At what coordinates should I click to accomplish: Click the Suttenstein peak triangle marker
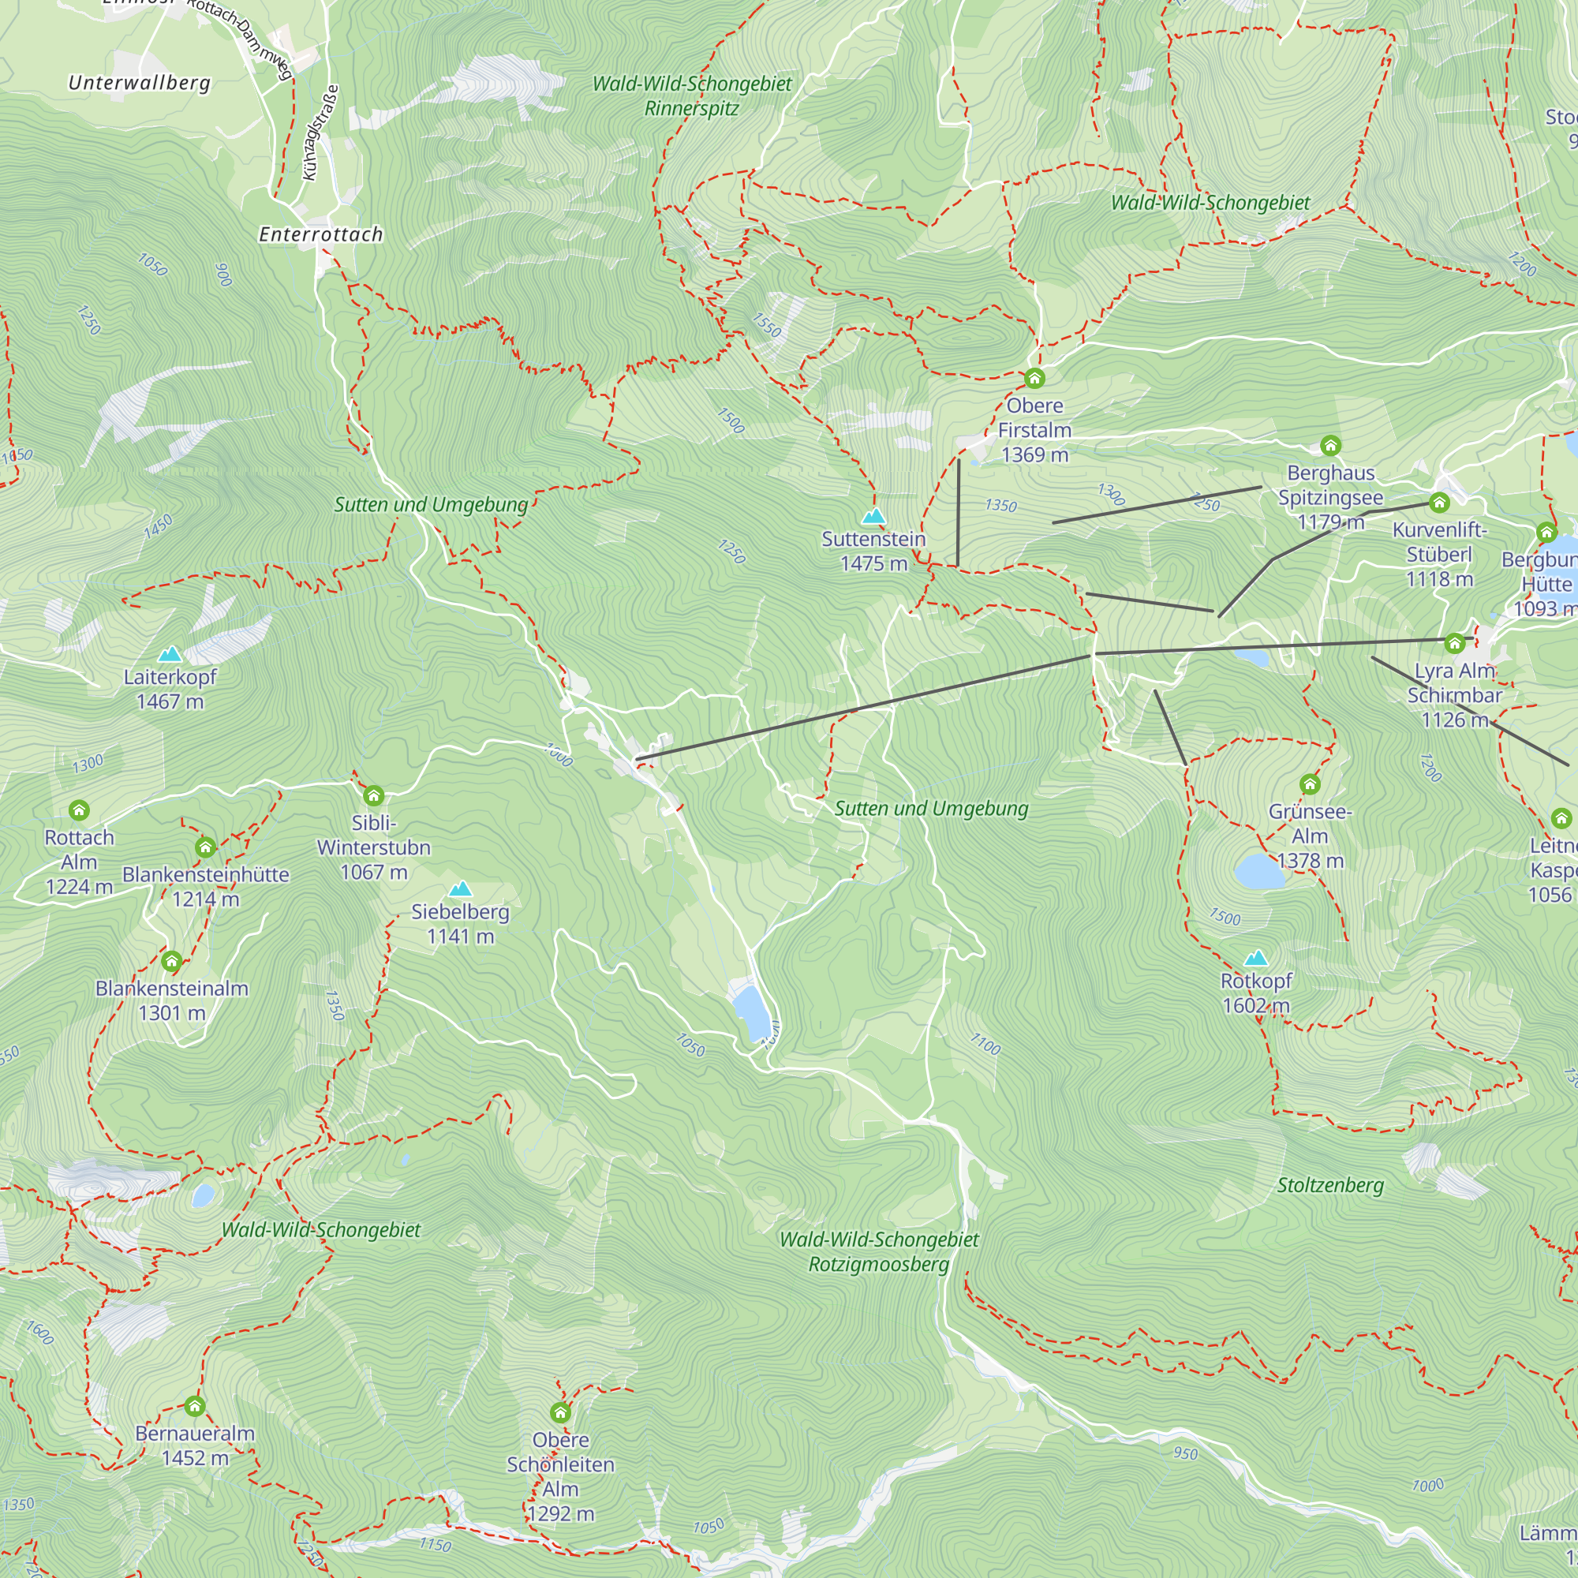coord(873,516)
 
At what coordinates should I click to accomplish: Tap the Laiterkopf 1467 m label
coord(170,689)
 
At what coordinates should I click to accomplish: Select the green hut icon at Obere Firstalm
coord(1034,378)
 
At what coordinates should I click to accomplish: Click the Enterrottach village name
coord(321,234)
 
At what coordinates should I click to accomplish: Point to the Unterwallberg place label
coord(140,83)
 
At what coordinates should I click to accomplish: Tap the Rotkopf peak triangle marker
coord(1255,958)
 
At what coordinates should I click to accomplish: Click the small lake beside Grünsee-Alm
coord(1258,872)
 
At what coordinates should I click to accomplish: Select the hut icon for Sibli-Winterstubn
coord(373,795)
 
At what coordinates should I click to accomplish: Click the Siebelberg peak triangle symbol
coord(460,888)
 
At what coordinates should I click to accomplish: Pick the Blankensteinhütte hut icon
coord(205,848)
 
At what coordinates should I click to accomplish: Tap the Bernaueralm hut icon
coord(194,1406)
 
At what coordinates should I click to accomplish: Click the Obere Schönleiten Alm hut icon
coord(559,1412)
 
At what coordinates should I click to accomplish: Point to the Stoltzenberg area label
coord(1329,1185)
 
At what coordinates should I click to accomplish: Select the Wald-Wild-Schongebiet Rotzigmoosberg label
coord(878,1251)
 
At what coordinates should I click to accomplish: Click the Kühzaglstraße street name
coord(320,133)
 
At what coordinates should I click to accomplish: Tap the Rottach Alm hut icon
coord(78,810)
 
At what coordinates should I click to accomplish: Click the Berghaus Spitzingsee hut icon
coord(1329,445)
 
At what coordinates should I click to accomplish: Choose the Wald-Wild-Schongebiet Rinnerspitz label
coord(692,95)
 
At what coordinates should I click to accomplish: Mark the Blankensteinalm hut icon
coord(170,961)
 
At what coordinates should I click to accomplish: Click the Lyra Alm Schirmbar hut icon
coord(1454,644)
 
